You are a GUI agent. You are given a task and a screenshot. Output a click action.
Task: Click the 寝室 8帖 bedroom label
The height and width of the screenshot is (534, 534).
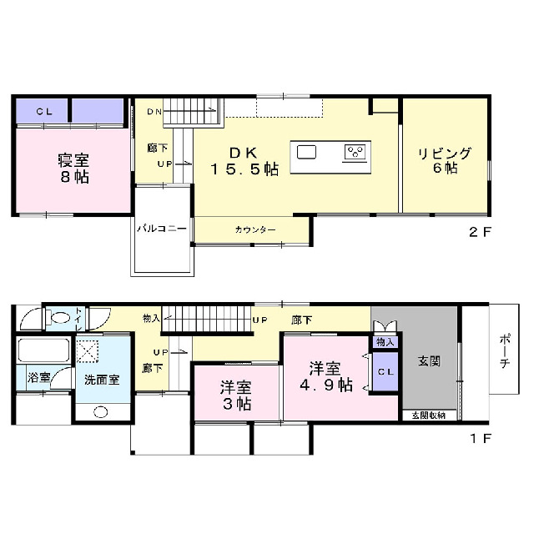click(73, 169)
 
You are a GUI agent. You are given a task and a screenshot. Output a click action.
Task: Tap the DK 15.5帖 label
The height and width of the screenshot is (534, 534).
click(244, 161)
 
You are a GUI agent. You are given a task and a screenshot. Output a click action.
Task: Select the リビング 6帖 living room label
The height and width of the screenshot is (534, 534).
click(445, 161)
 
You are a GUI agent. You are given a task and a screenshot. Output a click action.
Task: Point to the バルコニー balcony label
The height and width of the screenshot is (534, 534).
click(162, 228)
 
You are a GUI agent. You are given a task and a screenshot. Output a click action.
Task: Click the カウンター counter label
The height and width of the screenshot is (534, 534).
click(255, 230)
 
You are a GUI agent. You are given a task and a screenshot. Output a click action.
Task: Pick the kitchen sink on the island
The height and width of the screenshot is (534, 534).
click(306, 152)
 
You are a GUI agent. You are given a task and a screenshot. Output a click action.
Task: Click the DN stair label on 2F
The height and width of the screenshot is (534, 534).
click(154, 112)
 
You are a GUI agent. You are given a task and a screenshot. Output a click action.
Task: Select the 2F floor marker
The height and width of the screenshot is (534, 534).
click(481, 232)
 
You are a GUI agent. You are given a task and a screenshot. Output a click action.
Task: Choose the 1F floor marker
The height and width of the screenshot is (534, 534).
click(481, 438)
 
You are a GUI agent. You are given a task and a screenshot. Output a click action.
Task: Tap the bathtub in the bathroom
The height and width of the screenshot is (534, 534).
click(43, 350)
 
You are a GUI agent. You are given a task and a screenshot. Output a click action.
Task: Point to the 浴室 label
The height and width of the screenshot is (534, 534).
click(39, 377)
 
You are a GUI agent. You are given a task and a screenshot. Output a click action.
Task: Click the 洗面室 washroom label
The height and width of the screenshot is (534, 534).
click(102, 380)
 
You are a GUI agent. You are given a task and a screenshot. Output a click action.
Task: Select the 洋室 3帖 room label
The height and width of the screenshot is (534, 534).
click(236, 395)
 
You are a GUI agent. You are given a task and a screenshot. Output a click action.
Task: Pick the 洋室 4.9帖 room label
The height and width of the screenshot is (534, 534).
click(326, 377)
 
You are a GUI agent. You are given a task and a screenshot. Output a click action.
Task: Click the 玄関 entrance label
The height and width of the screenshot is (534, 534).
click(430, 361)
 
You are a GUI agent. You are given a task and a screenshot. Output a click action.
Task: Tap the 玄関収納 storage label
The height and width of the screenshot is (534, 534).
click(429, 416)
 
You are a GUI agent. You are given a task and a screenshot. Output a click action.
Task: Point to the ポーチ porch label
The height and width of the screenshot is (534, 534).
click(505, 350)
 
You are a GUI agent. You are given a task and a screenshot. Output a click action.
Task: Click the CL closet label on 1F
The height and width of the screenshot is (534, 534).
click(385, 372)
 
